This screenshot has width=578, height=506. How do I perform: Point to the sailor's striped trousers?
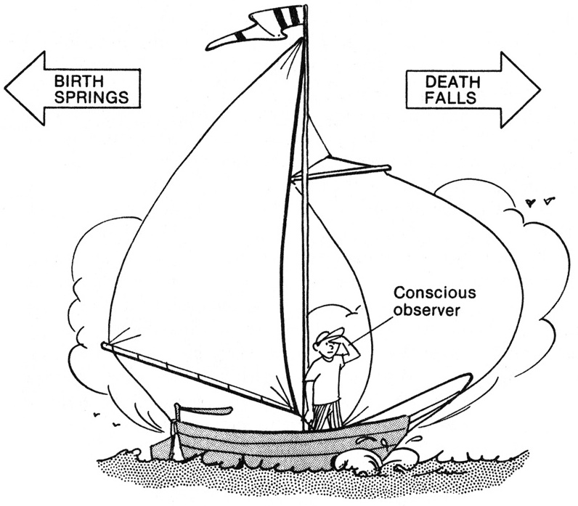(328, 415)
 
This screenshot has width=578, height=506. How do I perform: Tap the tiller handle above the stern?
(207, 411)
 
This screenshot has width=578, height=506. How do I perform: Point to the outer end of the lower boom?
(106, 346)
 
